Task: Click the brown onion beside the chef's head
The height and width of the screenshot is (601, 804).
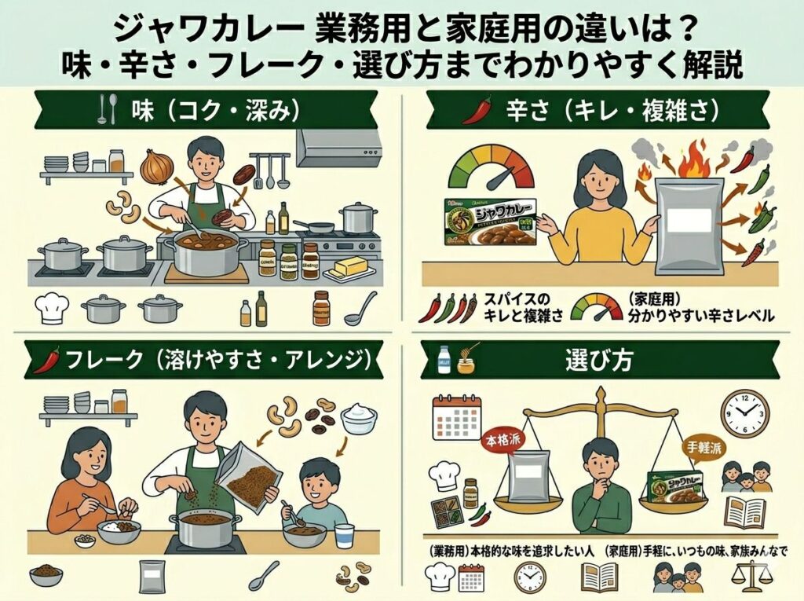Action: [x=156, y=167]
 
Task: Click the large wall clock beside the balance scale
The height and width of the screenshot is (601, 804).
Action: [x=744, y=412]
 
